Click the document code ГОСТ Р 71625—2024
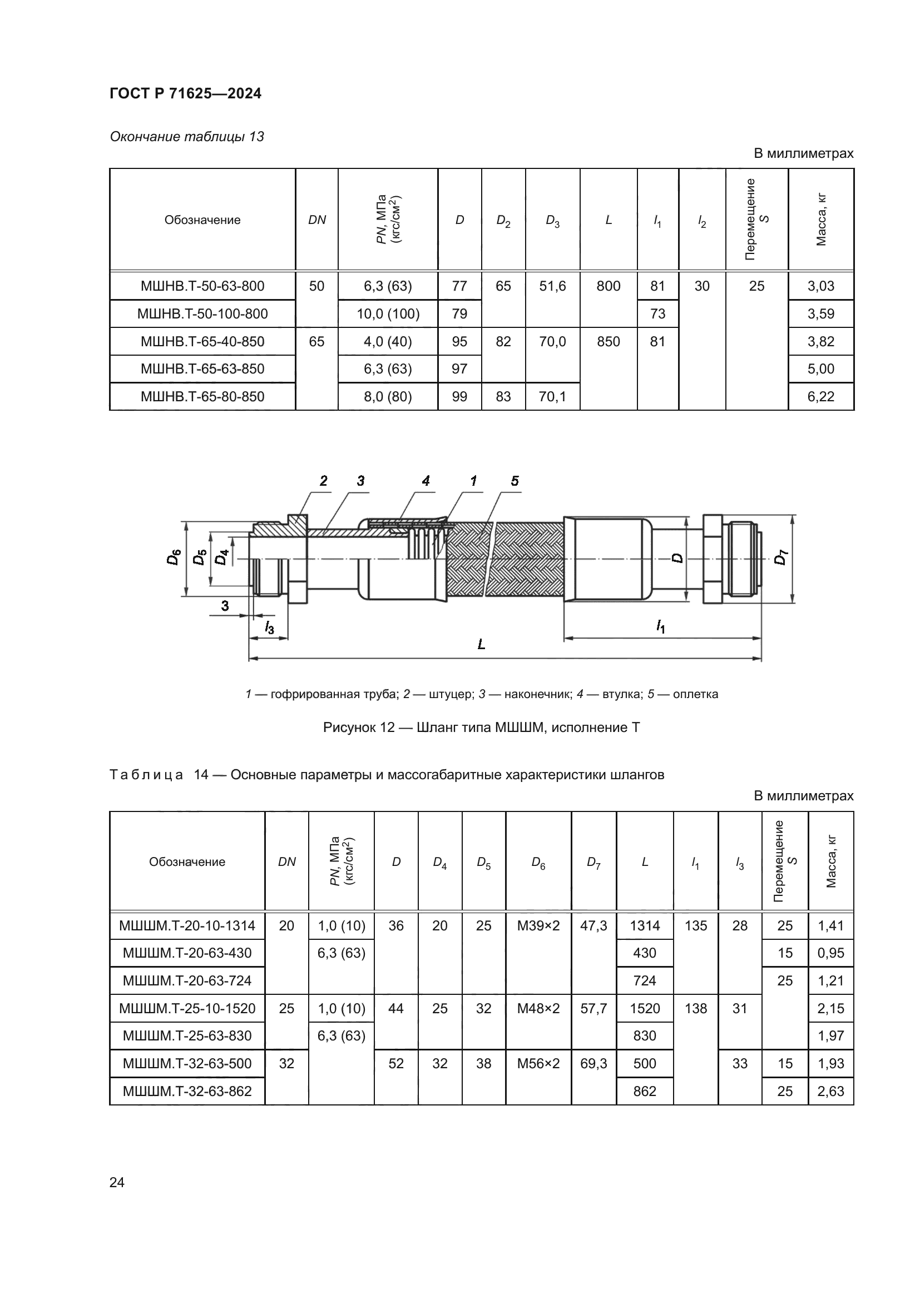point(185,93)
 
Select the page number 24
point(117,1182)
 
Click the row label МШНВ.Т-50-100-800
point(202,313)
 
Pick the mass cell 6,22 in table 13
point(820,396)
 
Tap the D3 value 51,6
point(552,286)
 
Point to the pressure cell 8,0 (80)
point(388,396)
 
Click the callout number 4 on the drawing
point(426,481)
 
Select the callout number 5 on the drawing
point(515,481)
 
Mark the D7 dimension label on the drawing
point(780,557)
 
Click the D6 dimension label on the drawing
point(174,557)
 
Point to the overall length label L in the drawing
point(481,644)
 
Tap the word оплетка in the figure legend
point(695,694)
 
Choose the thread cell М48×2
point(538,1008)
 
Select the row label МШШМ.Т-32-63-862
point(187,1091)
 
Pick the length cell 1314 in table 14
point(645,926)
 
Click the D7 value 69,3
point(593,1063)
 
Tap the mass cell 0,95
point(830,953)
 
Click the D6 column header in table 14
point(538,863)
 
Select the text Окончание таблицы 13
point(186,137)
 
